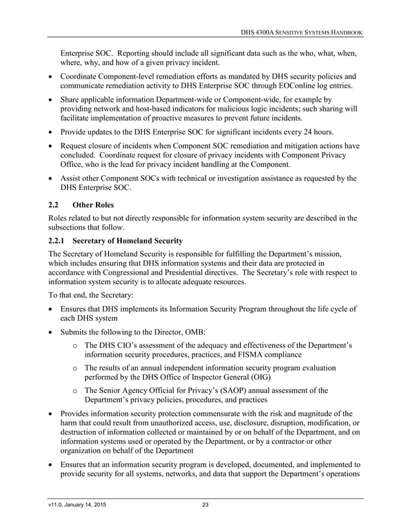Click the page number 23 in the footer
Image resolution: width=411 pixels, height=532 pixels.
205,504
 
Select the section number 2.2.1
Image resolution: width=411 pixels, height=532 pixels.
58,241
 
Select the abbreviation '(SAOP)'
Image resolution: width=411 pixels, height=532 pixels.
225,390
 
